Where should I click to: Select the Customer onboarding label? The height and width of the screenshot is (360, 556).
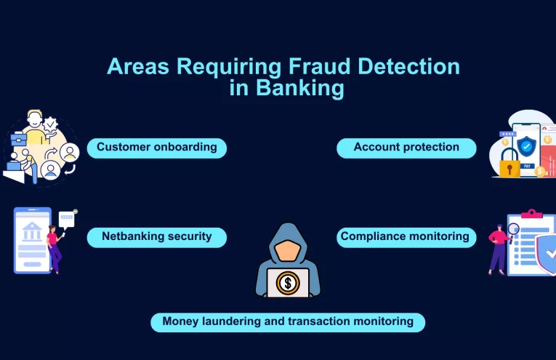click(157, 148)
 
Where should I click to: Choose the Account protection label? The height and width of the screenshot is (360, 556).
click(406, 148)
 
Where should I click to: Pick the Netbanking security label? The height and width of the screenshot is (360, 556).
click(157, 236)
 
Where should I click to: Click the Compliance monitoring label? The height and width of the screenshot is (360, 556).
click(406, 236)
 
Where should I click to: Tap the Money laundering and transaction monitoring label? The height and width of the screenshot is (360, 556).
click(288, 321)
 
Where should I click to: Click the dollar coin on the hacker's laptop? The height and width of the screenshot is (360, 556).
click(288, 282)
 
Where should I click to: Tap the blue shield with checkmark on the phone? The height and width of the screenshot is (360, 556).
click(527, 147)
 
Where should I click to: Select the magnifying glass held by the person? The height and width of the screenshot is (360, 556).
click(514, 229)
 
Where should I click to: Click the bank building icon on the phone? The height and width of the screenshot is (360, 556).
click(32, 232)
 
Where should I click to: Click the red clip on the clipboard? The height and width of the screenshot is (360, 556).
click(532, 214)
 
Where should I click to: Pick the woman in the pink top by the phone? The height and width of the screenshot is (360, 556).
click(54, 247)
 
